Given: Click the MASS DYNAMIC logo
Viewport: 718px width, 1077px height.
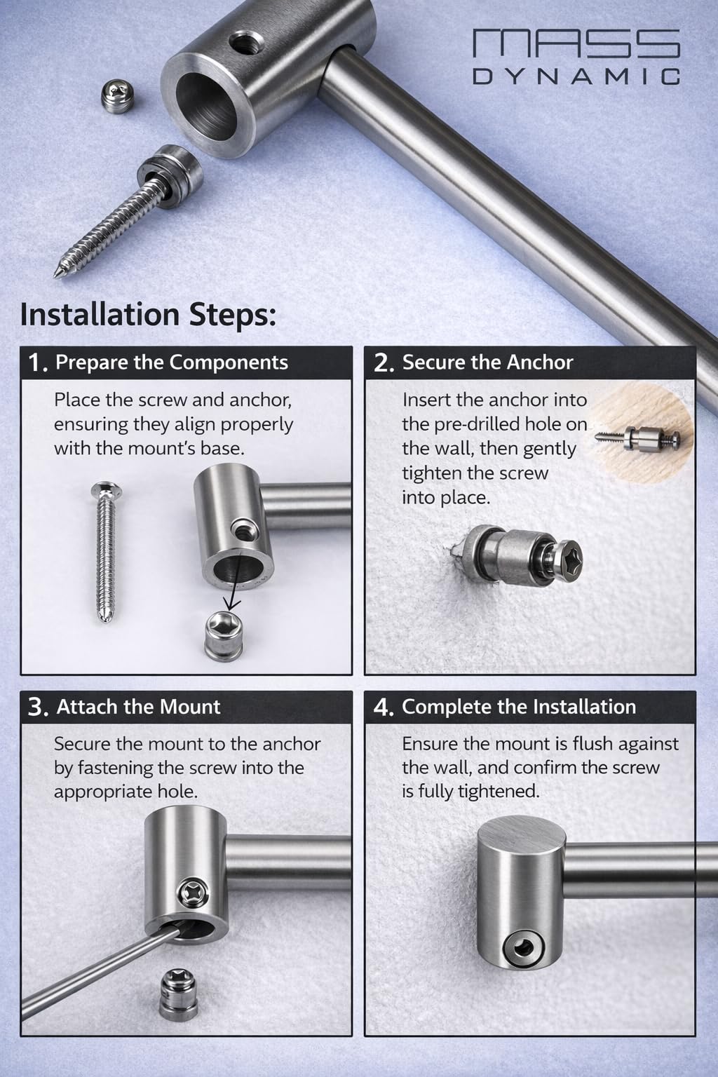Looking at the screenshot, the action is click(x=576, y=57).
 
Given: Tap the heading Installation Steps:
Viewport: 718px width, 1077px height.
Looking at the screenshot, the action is click(x=148, y=315).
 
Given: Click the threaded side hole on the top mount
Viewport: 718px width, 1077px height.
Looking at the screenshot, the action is click(x=245, y=44).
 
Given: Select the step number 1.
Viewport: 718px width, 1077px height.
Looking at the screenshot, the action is click(x=37, y=363).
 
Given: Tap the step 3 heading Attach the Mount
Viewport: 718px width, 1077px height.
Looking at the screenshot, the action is click(x=139, y=707).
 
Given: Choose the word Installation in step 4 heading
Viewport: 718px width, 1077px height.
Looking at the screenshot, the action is click(x=584, y=707).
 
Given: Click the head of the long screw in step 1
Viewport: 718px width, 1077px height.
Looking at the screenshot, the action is click(x=106, y=489).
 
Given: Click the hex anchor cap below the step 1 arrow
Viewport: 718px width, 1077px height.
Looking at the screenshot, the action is click(x=223, y=636).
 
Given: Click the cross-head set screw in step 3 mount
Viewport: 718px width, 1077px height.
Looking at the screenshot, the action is click(x=191, y=893).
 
